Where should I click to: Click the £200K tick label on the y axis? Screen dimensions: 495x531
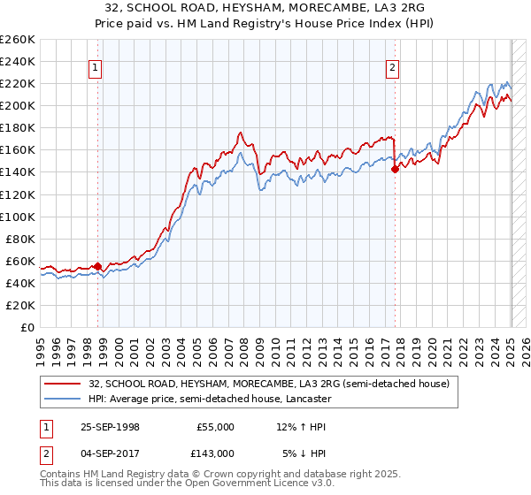[18, 105]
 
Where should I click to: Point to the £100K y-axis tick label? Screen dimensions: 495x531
[18, 217]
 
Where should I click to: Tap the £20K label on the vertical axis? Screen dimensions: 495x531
[20, 305]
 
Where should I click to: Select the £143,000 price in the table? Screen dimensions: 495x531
[215, 452]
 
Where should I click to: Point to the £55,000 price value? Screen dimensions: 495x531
[215, 426]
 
